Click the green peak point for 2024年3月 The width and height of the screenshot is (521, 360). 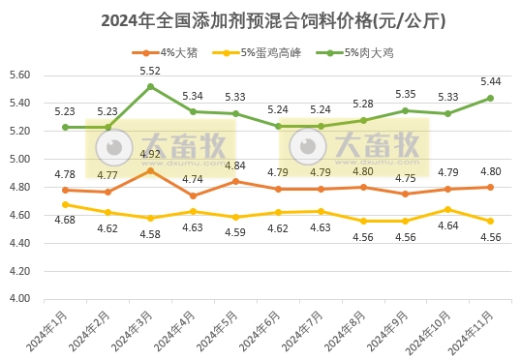(150, 86)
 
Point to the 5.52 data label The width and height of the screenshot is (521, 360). (150, 71)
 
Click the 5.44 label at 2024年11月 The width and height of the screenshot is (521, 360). (490, 81)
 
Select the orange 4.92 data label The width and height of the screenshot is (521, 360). (150, 154)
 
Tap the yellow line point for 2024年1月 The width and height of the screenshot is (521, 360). (65, 204)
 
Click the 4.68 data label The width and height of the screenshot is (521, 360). (65, 220)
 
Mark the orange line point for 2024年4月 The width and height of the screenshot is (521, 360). (193, 195)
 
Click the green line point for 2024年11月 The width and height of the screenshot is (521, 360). (490, 98)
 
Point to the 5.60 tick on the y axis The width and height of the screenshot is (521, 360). (20, 75)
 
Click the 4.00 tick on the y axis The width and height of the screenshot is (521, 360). (20, 299)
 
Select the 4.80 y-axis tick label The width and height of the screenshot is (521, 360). (20, 187)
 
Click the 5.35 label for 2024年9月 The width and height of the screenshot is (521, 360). (405, 94)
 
